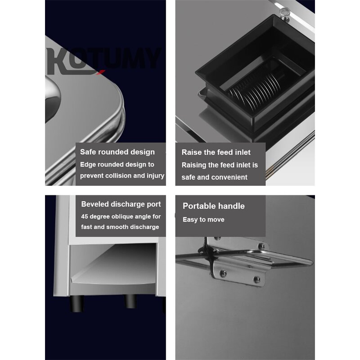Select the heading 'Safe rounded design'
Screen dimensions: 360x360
[x=117, y=152]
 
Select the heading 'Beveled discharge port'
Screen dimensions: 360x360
[x=121, y=204]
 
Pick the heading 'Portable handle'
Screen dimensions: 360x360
[x=213, y=206]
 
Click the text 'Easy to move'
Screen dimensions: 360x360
[x=203, y=220]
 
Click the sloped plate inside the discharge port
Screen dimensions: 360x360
[x=115, y=270]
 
